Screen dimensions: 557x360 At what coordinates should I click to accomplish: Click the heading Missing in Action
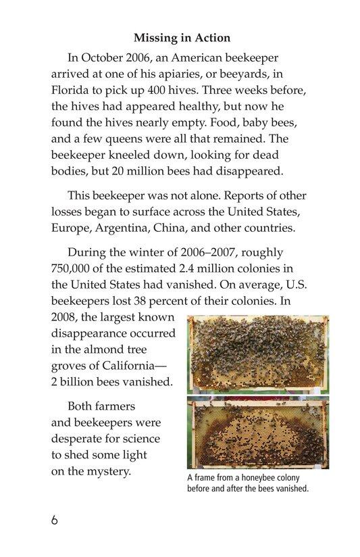179,38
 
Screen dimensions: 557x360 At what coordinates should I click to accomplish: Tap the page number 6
54,522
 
